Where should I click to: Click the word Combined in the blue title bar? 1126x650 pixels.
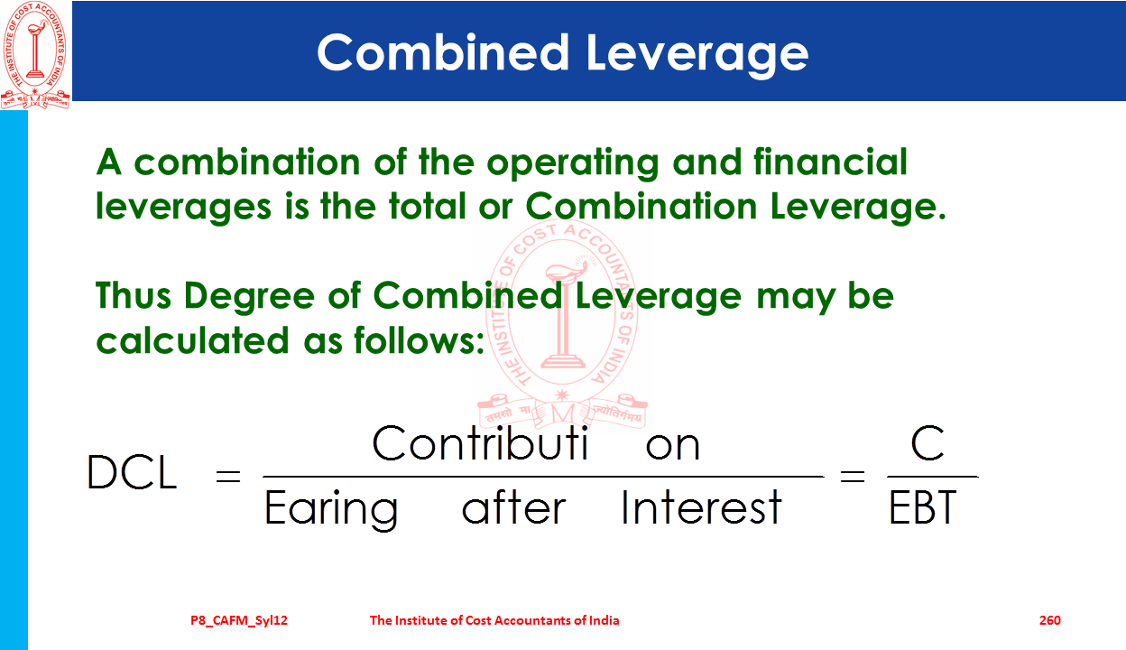443,52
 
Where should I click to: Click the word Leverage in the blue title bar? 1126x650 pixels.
697,55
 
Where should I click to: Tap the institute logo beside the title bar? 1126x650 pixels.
35,55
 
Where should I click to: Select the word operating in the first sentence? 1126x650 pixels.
573,162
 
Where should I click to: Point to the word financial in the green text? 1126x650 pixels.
830,162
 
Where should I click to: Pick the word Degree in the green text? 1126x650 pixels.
249,297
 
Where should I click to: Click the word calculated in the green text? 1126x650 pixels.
192,340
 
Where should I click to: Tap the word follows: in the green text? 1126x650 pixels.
420,340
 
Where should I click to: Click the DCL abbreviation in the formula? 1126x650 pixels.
132,472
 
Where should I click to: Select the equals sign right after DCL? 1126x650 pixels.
228,476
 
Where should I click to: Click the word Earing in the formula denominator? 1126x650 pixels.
331,510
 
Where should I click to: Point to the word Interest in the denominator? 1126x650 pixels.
701,507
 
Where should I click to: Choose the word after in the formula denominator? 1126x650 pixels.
513,507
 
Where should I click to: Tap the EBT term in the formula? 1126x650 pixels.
922,507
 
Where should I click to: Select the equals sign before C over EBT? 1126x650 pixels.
853,476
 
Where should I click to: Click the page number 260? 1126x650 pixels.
1050,620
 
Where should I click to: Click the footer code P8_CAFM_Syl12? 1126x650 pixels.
239,620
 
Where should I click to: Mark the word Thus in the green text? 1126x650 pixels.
134,296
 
